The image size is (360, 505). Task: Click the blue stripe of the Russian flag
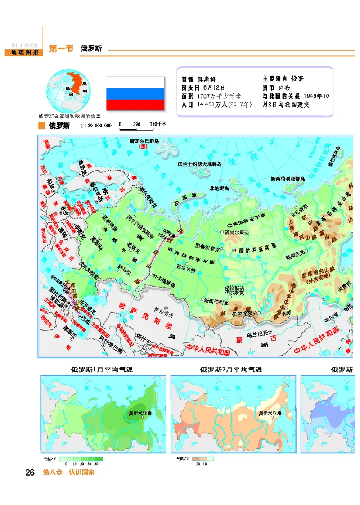coord(135,94)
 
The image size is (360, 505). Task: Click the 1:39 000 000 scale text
coord(96,126)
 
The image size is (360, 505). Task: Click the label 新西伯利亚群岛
coord(288,179)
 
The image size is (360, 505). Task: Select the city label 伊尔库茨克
coord(244,313)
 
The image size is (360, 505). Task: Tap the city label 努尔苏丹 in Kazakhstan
coord(162,311)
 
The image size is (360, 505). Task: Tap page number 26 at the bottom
coord(30,473)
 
